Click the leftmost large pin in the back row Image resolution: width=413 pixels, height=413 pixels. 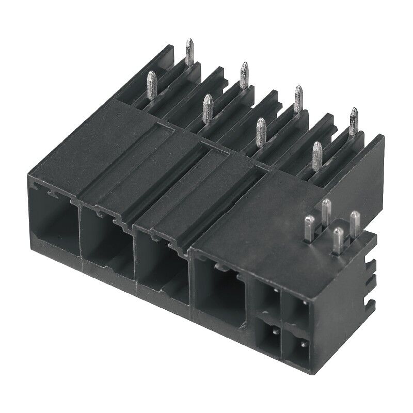click(x=189, y=52)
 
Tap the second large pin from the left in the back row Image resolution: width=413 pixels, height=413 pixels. click(x=244, y=75)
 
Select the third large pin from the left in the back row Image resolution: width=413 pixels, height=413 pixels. click(x=298, y=98)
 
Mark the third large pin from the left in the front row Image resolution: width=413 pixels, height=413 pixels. click(x=261, y=132)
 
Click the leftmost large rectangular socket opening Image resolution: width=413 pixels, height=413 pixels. click(x=52, y=227)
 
